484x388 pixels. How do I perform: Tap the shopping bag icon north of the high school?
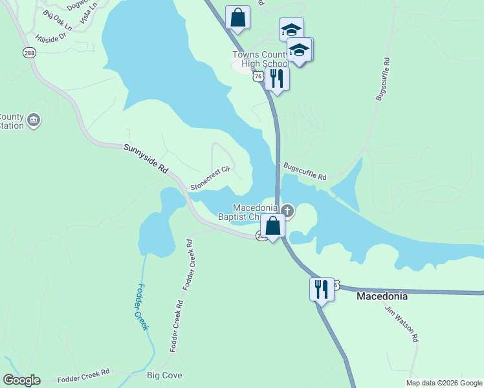[237, 17]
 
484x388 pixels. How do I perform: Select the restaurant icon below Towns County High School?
[277, 79]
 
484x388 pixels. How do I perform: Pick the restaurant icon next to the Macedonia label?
[322, 289]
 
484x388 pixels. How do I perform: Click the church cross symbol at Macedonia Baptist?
[287, 210]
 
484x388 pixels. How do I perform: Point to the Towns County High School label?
[261, 59]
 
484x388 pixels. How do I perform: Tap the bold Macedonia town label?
[382, 296]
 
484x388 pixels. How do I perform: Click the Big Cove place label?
[164, 375]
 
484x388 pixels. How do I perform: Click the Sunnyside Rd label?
[146, 158]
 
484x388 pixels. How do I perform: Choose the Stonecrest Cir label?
[210, 179]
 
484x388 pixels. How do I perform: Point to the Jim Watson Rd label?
[402, 324]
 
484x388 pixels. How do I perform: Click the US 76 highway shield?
[258, 76]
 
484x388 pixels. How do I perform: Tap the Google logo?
[21, 380]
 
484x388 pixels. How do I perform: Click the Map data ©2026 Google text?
[444, 383]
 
